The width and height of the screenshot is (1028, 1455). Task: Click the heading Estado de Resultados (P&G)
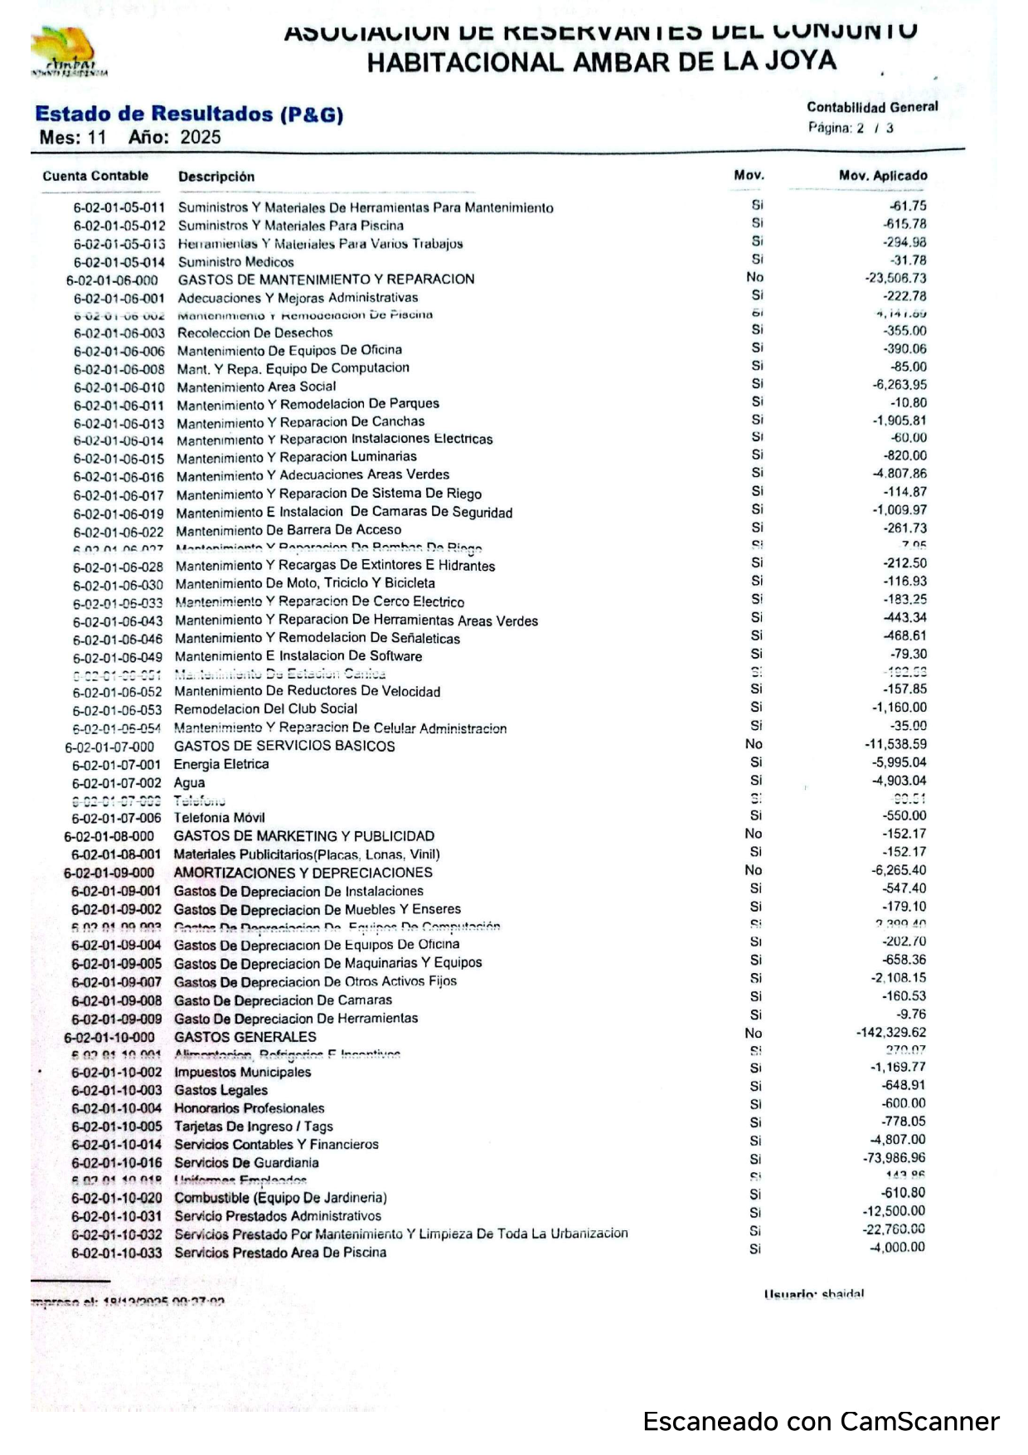point(189,114)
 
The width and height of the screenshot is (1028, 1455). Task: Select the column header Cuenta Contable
point(95,176)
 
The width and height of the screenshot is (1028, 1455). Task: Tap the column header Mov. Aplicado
point(882,176)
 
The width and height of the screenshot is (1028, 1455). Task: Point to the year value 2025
point(201,137)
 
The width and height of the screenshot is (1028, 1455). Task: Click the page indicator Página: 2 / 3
point(851,128)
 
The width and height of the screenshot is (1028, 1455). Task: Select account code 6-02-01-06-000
point(112,280)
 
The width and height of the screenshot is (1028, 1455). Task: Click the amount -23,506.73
point(895,279)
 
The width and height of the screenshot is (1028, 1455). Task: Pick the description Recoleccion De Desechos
point(255,333)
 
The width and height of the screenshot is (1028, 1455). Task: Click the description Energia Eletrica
point(221,764)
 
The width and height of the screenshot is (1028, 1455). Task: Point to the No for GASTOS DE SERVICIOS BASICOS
point(754,744)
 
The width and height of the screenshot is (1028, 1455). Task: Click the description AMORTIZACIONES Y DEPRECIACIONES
point(303,873)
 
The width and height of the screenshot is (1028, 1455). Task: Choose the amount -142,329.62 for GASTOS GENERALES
point(890,1033)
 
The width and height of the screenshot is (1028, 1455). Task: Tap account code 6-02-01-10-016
point(116,1163)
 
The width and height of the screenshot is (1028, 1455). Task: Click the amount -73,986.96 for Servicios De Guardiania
point(894,1158)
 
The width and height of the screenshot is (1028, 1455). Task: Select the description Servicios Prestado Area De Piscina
point(280,1253)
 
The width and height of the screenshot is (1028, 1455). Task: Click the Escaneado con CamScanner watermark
point(821,1422)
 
